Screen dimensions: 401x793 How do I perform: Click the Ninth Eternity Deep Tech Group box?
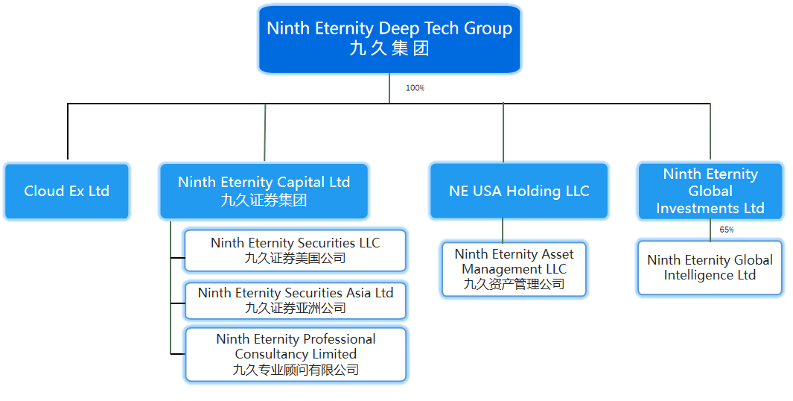tap(389, 39)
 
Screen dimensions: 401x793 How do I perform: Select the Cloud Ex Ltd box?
tap(67, 192)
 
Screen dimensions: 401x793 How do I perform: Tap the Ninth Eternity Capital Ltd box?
tap(264, 192)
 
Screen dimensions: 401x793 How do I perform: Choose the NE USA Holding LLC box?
tap(519, 192)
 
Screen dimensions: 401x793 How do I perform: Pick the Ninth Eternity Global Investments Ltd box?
tap(710, 192)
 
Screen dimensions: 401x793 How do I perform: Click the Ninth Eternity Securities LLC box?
tap(295, 250)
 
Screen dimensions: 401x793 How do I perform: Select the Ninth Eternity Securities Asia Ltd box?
tap(295, 300)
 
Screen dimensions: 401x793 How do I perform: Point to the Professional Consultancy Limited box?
tap(295, 354)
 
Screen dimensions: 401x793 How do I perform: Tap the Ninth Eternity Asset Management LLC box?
tap(514, 269)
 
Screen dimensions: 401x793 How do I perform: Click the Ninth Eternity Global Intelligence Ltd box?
tap(710, 268)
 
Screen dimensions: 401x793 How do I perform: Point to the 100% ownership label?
tap(415, 88)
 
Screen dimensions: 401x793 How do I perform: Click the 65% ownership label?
tap(727, 230)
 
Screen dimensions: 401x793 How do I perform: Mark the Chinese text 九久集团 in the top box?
tap(389, 49)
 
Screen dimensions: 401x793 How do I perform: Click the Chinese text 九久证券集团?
tap(264, 200)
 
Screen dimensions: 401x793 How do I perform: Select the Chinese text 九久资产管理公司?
tap(514, 284)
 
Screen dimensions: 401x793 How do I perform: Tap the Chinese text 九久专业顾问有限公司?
tap(296, 370)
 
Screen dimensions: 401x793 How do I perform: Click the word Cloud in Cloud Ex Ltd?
tap(44, 192)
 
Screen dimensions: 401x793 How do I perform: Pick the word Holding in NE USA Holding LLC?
tap(532, 192)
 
